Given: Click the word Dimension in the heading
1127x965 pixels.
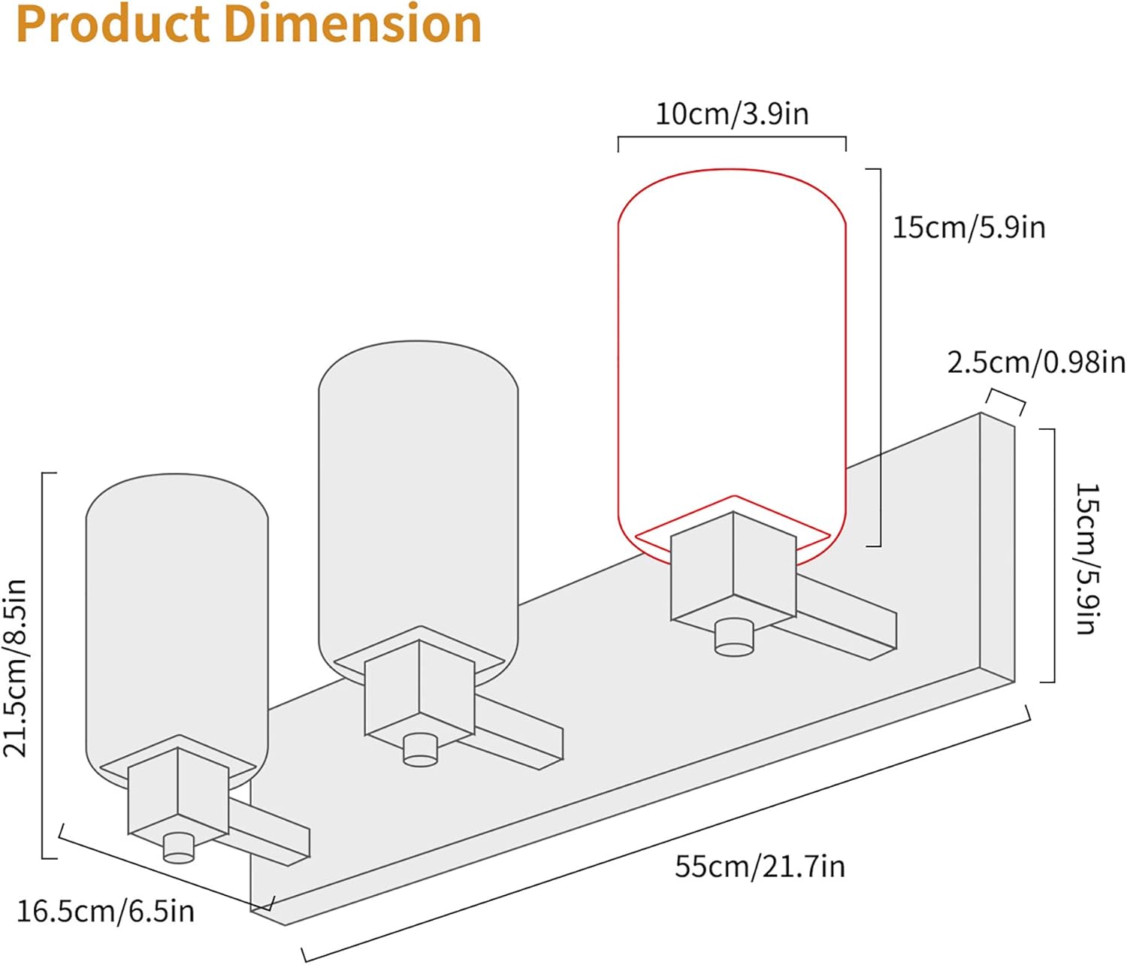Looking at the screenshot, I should coord(352,24).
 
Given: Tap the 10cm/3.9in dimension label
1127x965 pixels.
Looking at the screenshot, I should coord(732,114).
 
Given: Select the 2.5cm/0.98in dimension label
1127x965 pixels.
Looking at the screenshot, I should coord(1035,363).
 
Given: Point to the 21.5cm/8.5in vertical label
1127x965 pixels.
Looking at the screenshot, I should coord(16,667).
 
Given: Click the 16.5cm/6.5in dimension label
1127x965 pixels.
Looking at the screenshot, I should coord(105,912).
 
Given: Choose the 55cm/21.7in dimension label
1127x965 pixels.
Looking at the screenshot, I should coord(760,867).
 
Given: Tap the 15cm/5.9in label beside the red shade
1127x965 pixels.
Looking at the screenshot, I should coord(968,227).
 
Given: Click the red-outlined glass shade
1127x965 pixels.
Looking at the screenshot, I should coord(732,338).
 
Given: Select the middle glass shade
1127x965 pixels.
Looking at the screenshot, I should coord(418,489).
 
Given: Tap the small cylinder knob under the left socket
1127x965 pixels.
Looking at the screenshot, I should coord(179,848).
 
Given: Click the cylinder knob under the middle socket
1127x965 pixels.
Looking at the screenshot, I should coord(420,749).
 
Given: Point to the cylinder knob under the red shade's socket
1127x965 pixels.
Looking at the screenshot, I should coord(733,637).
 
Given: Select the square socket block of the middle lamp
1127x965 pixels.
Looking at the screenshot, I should coord(419,689).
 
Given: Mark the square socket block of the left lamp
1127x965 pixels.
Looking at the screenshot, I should coord(178,793).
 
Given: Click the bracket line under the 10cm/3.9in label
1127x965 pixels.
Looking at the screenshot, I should coord(732,138).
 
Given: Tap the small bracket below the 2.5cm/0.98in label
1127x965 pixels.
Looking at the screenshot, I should coord(1005,398).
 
